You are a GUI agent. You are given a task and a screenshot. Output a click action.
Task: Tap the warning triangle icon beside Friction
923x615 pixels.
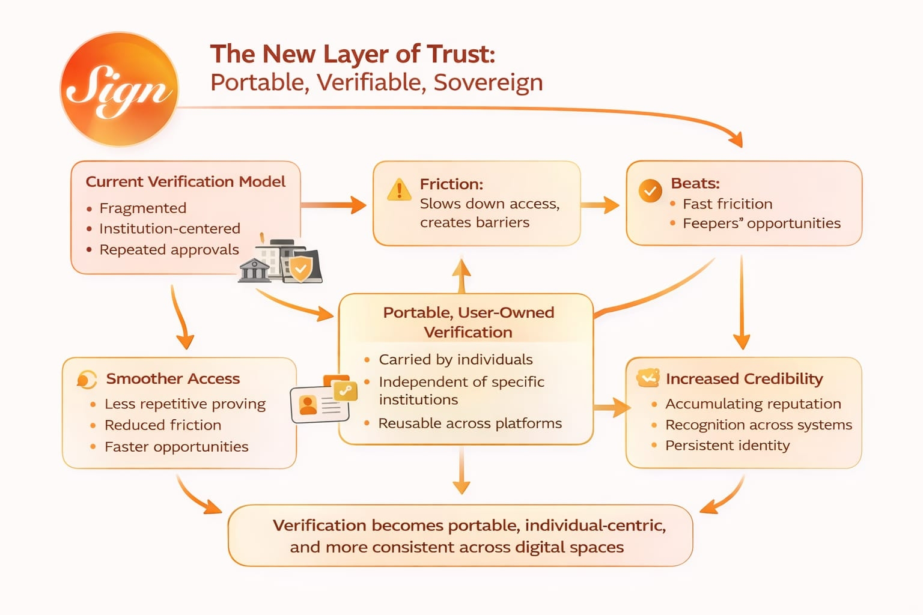click(x=399, y=190)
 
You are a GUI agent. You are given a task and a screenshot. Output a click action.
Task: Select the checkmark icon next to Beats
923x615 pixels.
click(x=650, y=191)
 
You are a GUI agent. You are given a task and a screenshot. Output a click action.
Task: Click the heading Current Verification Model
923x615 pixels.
click(x=185, y=181)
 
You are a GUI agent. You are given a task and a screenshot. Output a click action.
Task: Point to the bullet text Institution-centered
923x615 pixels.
click(x=169, y=229)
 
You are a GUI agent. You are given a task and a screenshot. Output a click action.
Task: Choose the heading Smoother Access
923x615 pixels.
click(x=172, y=379)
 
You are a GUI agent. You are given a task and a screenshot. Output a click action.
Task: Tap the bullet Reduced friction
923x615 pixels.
click(x=163, y=425)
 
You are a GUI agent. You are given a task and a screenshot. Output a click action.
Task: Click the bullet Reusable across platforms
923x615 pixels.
click(x=470, y=423)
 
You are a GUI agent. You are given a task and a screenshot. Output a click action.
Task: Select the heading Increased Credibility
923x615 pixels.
click(x=744, y=379)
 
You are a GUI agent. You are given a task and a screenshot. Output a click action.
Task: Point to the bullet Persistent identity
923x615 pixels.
click(x=727, y=446)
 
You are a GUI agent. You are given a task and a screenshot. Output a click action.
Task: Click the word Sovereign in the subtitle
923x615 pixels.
click(x=488, y=82)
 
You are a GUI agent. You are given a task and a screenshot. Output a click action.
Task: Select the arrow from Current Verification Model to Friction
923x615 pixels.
click(x=334, y=205)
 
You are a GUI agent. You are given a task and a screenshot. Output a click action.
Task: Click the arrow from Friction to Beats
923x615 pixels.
click(x=600, y=205)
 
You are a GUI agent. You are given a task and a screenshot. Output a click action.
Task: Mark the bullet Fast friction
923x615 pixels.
click(x=727, y=204)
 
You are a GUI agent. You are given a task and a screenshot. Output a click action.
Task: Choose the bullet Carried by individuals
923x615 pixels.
click(x=455, y=360)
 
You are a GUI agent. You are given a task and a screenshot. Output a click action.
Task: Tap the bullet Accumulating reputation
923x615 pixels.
click(x=753, y=404)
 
